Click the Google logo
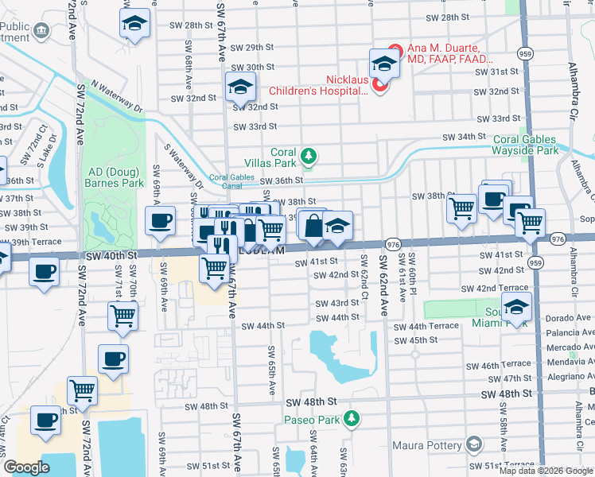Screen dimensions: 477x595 tap(26, 467)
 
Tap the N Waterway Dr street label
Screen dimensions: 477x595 tap(116, 95)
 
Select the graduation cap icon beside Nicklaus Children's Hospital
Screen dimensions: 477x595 tap(384, 63)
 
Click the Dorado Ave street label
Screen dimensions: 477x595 tap(569, 318)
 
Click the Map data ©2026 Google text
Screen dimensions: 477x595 tap(545, 471)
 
